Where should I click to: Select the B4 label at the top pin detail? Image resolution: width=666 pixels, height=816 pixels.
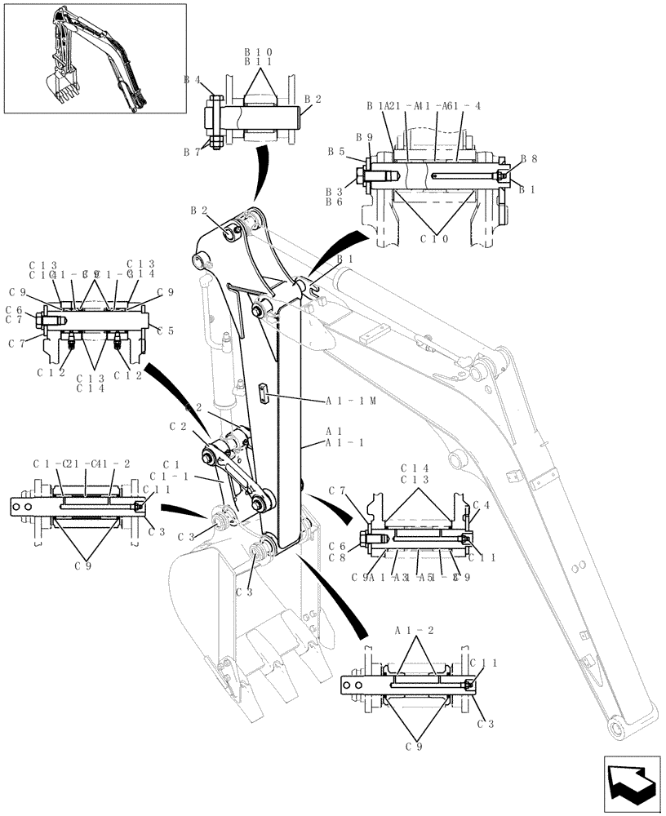[x=192, y=80]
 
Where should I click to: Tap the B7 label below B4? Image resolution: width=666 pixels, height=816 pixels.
[x=192, y=153]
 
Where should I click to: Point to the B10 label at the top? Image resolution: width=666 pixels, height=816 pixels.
[x=258, y=51]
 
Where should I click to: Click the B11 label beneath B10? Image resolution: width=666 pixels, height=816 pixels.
[x=258, y=61]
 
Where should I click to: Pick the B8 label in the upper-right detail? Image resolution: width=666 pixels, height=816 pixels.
[x=529, y=160]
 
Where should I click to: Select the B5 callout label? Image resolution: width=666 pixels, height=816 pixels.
[x=335, y=151]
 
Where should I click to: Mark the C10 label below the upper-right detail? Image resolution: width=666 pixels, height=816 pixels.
[x=433, y=239]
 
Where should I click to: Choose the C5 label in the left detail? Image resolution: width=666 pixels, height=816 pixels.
[x=166, y=330]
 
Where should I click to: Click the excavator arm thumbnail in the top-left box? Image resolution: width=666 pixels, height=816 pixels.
[x=95, y=58]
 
